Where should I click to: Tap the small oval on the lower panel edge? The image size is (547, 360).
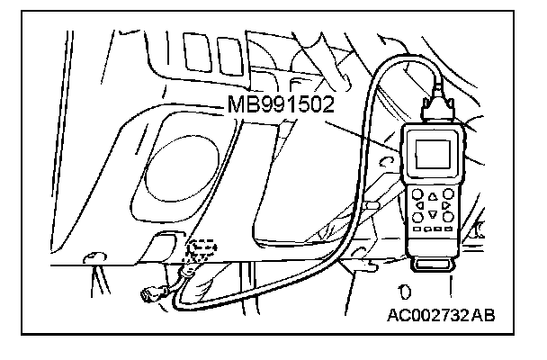coord(91,258)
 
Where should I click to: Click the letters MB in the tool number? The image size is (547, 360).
coord(239,104)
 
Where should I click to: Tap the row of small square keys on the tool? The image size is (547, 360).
coord(433,230)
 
